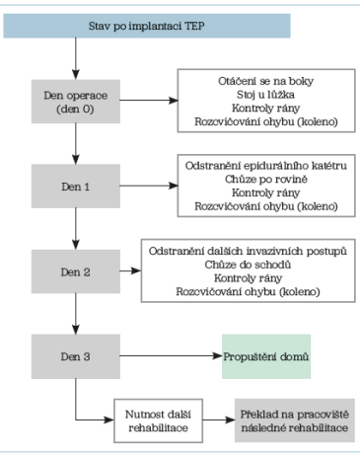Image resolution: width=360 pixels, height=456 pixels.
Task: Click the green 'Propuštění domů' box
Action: [x=265, y=354]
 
